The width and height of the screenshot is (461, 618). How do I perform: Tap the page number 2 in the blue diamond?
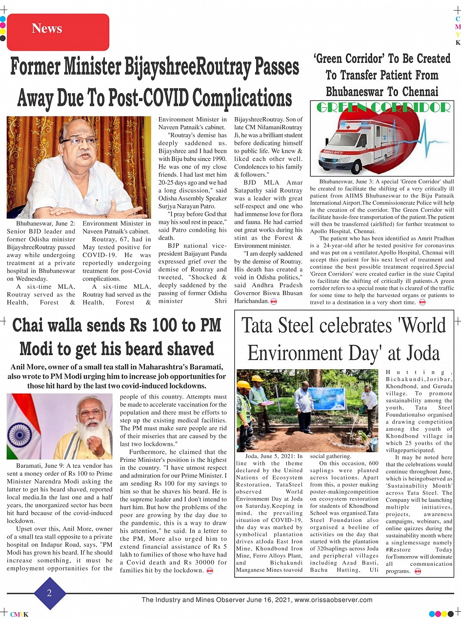[49, 593]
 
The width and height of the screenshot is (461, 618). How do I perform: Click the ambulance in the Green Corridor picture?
[356, 141]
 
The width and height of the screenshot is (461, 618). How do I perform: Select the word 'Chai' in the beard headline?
[33, 325]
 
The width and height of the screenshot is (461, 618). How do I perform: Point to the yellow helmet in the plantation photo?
[257, 379]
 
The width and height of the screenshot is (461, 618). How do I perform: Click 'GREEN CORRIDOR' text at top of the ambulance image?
[383, 107]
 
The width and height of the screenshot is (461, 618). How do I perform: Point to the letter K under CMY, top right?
[458, 43]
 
